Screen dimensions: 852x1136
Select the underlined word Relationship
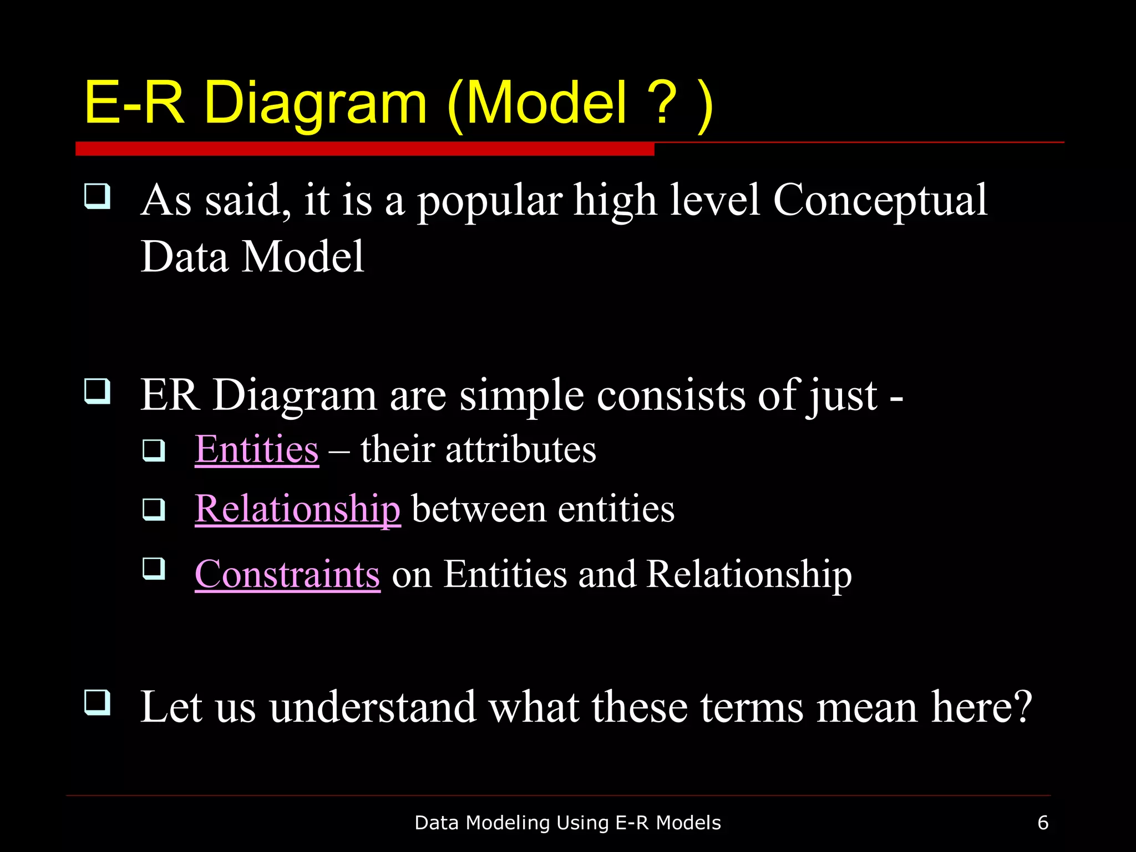pos(297,509)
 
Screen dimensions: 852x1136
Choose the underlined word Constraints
pos(287,574)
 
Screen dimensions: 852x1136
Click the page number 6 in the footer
pos(1043,823)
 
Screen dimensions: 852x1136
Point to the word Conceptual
pos(880,201)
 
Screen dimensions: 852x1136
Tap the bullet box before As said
pos(97,196)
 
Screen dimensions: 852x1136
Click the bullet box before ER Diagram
pos(97,391)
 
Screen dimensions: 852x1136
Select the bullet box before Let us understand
pos(97,702)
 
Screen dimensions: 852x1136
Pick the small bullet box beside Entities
pos(154,450)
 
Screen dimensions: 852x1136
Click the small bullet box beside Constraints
pos(154,569)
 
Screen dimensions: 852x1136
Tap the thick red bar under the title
pos(364,149)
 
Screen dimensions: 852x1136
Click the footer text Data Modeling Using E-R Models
pos(567,823)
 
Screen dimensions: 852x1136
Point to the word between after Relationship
pos(479,509)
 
